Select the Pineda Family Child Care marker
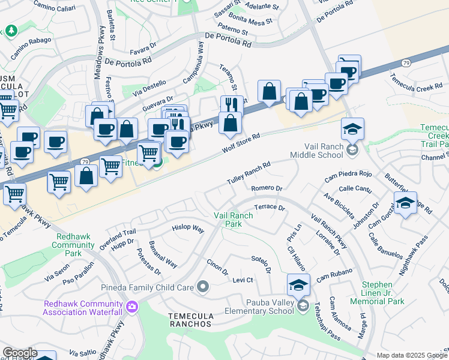(x=203, y=287)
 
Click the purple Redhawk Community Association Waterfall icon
(x=132, y=308)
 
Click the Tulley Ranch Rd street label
(x=249, y=173)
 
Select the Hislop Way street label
(x=188, y=229)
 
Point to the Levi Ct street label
(x=243, y=280)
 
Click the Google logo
(x=19, y=353)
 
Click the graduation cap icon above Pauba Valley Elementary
(x=298, y=284)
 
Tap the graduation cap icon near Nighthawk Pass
(x=405, y=202)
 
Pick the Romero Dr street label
(x=267, y=188)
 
